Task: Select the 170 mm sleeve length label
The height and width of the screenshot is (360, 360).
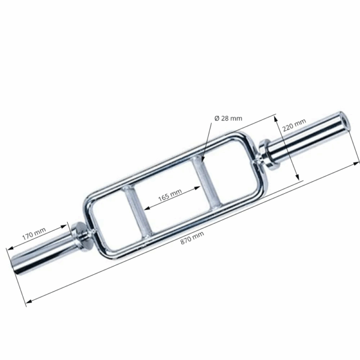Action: [x=34, y=233]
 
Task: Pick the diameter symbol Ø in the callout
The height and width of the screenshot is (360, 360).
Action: [x=217, y=119]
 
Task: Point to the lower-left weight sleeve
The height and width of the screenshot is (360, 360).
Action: [x=42, y=255]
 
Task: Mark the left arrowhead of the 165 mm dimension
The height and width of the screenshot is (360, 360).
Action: [x=146, y=209]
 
